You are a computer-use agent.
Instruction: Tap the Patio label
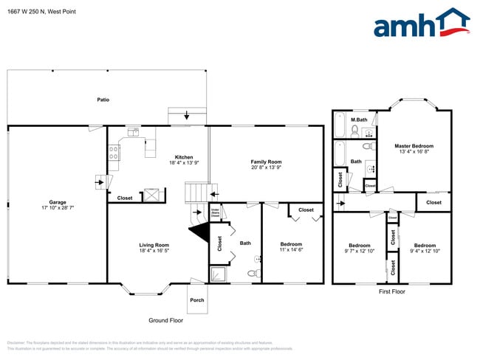point(103,99)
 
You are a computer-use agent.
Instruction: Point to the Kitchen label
point(184,156)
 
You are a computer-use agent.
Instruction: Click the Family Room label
point(266,162)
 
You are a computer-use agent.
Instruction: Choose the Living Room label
point(154,245)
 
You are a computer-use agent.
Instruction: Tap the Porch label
point(197,300)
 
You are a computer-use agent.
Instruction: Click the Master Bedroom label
point(414,146)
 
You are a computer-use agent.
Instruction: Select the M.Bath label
point(359,120)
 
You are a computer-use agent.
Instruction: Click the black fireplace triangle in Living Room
point(199,232)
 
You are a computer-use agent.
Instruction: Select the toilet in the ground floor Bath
point(253,274)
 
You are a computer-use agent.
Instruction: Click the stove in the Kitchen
point(114,153)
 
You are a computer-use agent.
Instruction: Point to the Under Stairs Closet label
point(216,213)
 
